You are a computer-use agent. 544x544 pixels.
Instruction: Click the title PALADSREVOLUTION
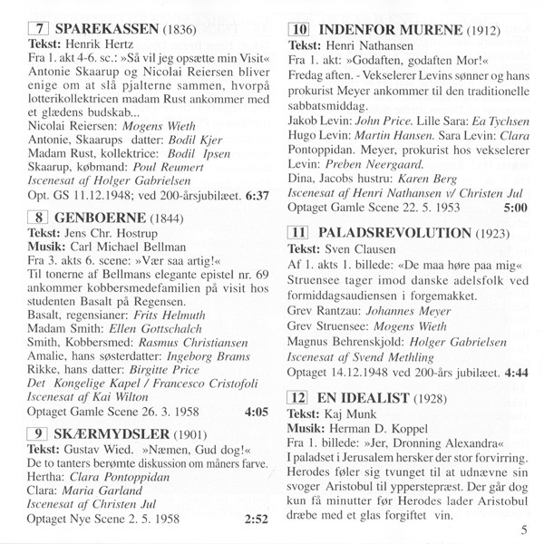(392, 232)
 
